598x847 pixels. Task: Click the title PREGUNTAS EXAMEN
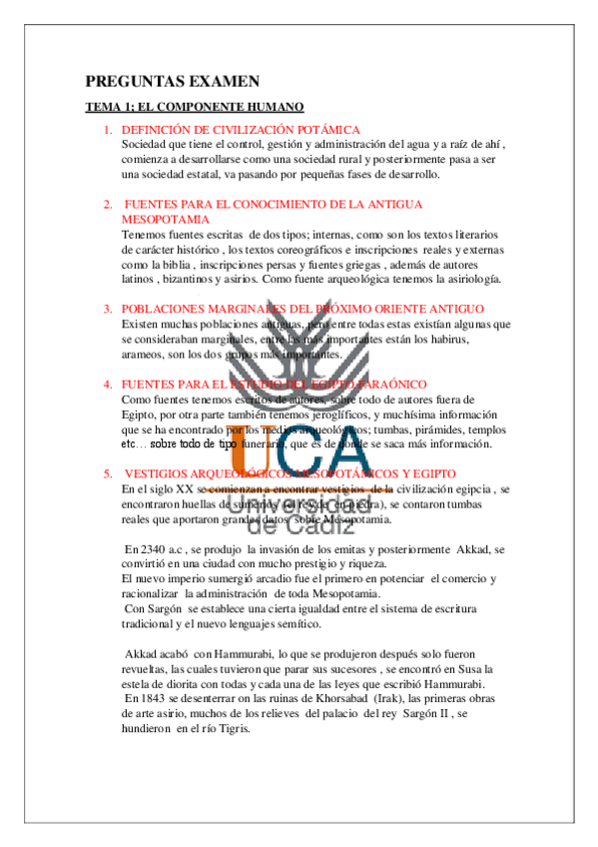pos(172,82)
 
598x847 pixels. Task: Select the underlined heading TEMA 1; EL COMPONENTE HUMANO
pos(194,107)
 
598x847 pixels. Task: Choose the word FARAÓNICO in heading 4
pos(387,384)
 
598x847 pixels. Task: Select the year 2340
pos(165,549)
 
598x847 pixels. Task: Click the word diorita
pos(185,683)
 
